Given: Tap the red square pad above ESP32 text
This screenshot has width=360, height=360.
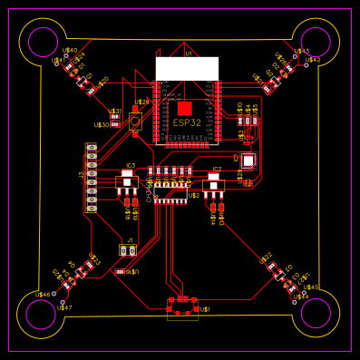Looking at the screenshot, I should [185, 108].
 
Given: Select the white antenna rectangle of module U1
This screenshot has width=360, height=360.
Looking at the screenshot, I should [187, 68].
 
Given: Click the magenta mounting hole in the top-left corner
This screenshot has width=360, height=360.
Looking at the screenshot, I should [42, 42].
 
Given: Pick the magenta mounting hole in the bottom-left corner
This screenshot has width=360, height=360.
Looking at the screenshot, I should [42, 314].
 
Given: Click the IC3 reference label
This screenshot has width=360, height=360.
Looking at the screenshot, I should [130, 166].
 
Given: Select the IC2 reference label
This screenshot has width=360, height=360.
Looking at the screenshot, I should [216, 170].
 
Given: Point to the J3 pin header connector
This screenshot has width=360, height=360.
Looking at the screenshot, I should [91, 177].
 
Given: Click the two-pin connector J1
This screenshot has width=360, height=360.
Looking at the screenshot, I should [128, 249].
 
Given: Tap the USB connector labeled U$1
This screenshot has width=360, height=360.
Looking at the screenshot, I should [183, 306].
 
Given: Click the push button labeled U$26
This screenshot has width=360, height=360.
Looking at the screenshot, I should [135, 121].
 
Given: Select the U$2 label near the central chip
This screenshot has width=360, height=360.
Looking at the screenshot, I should [193, 195].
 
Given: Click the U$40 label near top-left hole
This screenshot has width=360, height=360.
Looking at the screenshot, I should [70, 51].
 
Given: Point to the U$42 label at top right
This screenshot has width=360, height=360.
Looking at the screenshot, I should [313, 60].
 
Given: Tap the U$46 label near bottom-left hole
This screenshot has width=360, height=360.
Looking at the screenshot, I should [43, 295].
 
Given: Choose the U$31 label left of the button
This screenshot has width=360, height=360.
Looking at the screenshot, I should [115, 112].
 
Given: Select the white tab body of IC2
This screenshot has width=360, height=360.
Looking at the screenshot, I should [213, 185].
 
